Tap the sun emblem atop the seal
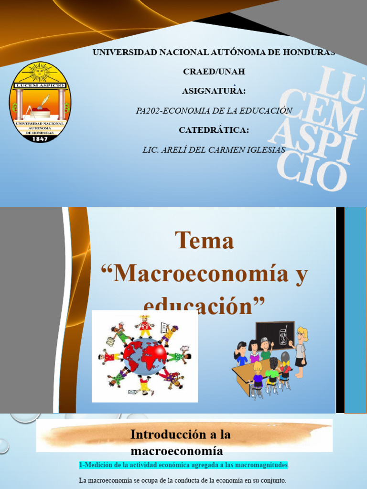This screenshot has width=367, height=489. [40, 73]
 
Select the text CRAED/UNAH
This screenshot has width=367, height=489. [214, 72]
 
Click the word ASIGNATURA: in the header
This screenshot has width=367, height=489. [214, 91]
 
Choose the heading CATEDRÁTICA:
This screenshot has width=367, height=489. [214, 130]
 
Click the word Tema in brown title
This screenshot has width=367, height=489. [204, 240]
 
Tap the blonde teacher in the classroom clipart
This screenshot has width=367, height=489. [300, 351]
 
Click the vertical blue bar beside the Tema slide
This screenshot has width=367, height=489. [355, 310]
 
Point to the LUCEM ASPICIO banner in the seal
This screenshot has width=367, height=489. [40, 85]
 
